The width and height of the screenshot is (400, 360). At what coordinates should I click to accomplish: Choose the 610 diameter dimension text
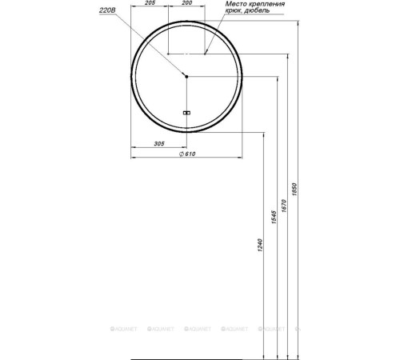[x=189, y=155]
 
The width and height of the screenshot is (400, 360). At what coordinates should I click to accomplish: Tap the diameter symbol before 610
[x=182, y=155]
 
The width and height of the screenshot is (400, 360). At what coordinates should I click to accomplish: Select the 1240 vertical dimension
[x=260, y=254]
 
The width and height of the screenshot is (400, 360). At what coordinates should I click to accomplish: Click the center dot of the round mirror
[x=186, y=77]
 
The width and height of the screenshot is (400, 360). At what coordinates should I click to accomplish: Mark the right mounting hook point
[x=205, y=54]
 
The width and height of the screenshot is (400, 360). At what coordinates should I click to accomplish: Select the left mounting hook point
[x=167, y=54]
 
